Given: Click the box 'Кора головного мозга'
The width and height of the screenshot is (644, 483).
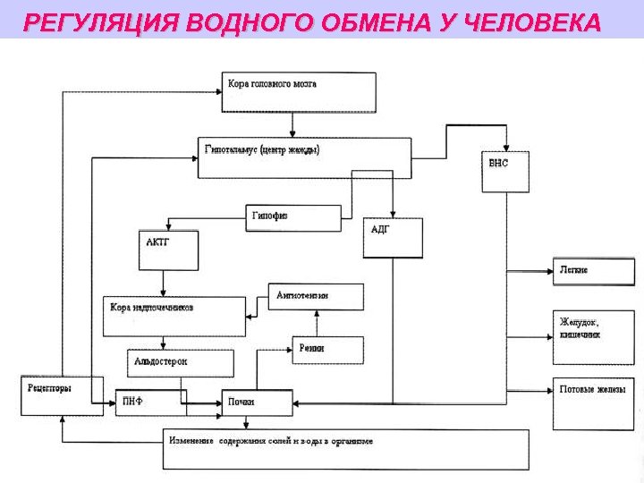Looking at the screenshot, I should [x=298, y=91].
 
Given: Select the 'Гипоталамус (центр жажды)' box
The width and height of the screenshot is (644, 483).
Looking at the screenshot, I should [x=304, y=157].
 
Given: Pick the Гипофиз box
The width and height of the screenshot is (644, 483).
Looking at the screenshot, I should [x=293, y=218].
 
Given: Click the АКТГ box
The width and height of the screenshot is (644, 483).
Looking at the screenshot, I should [x=167, y=250].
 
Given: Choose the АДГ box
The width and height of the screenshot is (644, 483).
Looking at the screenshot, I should [x=392, y=238].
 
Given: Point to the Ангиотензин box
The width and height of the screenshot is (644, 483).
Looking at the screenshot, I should [x=317, y=297].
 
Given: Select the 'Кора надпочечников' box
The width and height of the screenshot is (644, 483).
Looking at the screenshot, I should [x=174, y=315].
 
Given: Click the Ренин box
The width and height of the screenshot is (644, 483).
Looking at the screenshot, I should [x=327, y=350].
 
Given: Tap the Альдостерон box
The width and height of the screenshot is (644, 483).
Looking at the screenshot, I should [x=180, y=363].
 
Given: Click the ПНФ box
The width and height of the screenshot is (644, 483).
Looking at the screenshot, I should [x=146, y=403].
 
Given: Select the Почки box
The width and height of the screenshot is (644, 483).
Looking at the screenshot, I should [x=257, y=403].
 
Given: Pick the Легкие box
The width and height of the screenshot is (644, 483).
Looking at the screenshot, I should [x=591, y=271].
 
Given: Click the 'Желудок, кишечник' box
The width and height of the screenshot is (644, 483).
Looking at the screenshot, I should [x=591, y=327].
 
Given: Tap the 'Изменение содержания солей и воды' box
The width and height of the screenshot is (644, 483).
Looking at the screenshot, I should [x=344, y=449].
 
